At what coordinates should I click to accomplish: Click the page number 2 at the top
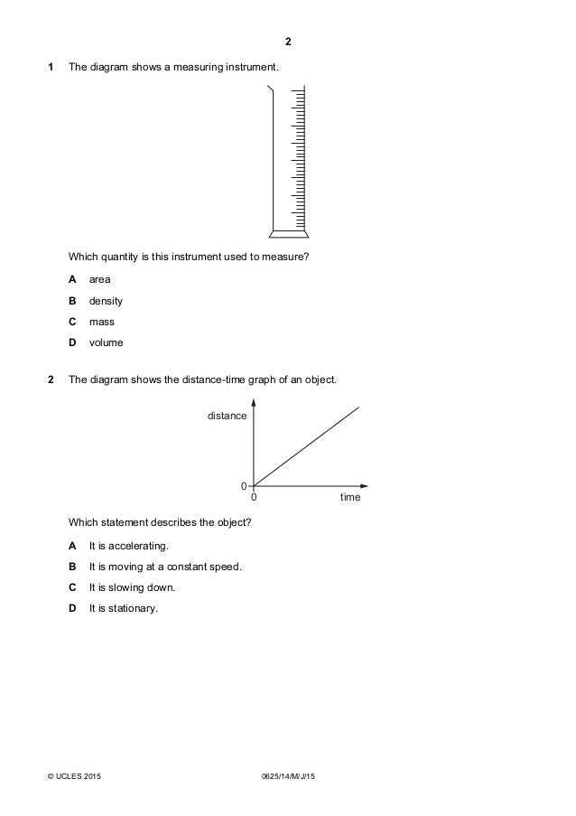[288, 42]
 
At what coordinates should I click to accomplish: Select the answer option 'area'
[99, 279]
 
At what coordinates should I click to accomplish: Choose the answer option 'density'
[106, 301]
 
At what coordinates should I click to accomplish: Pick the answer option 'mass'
[101, 322]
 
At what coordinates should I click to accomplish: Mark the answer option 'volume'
[106, 343]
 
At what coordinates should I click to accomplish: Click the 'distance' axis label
[227, 416]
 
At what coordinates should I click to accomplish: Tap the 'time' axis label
[350, 498]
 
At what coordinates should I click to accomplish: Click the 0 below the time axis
[254, 498]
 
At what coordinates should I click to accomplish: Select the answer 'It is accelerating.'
[128, 547]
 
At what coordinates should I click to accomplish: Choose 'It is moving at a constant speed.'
[165, 567]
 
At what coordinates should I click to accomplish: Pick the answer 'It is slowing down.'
[132, 587]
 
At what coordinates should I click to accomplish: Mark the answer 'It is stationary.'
[123, 608]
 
